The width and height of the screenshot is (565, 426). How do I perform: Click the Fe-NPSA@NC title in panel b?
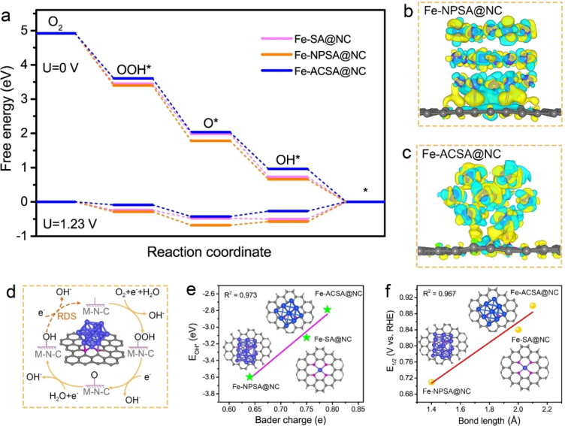(x=455, y=13)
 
